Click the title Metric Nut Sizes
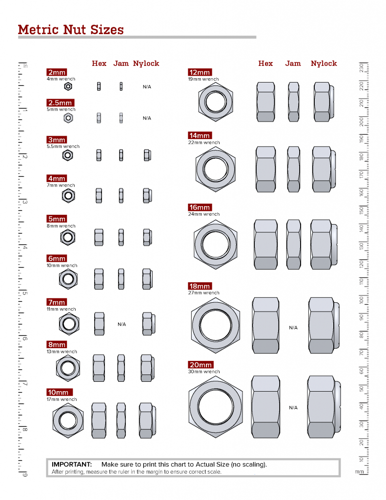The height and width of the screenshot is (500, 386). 71,29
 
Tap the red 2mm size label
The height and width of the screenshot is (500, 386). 57,72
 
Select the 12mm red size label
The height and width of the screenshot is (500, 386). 199,73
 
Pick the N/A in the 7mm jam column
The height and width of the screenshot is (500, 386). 122,324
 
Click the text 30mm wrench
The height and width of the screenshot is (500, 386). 204,372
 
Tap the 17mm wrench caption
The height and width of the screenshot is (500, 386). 62,399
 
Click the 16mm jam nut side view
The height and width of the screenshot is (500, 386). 293,244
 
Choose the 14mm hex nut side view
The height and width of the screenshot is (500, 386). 266,169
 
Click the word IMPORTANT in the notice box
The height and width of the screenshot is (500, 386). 72,464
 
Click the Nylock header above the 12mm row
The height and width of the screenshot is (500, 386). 324,63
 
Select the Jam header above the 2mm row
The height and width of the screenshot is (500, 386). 121,63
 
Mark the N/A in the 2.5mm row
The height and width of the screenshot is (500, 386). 147,118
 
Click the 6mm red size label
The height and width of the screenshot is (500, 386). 57,258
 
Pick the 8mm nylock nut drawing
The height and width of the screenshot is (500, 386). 147,367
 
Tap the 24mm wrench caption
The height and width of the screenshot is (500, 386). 204,214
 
